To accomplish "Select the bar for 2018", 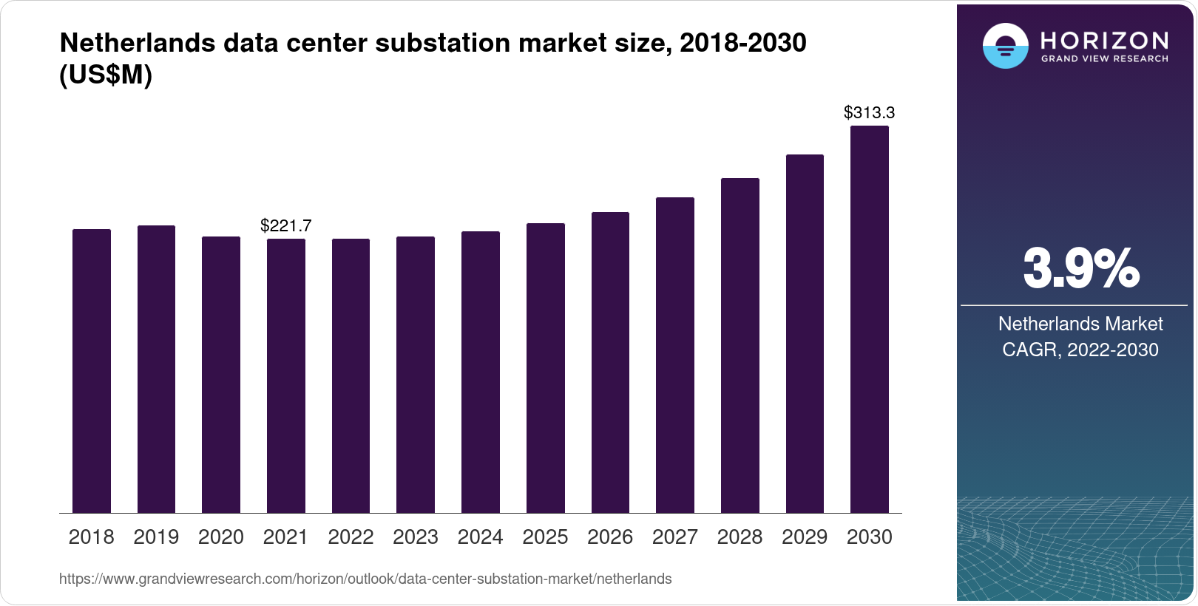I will pyautogui.click(x=91, y=371).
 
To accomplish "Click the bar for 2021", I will pyautogui.click(x=285, y=375).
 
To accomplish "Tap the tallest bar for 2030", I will pyautogui.click(x=869, y=319).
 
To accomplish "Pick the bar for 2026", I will pyautogui.click(x=610, y=362).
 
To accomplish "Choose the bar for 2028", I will pyautogui.click(x=740, y=345).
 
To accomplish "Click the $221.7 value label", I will pyautogui.click(x=285, y=225).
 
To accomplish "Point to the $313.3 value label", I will pyautogui.click(x=869, y=112).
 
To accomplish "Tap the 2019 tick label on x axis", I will pyautogui.click(x=156, y=537).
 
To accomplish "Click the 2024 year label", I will pyautogui.click(x=480, y=537).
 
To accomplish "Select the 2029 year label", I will pyautogui.click(x=805, y=537).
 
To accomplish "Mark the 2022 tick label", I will pyautogui.click(x=351, y=537).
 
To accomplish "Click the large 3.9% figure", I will pyautogui.click(x=1080, y=268).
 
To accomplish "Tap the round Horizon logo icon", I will pyautogui.click(x=1005, y=46).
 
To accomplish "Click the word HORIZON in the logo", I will pyautogui.click(x=1104, y=40).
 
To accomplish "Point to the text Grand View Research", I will pyautogui.click(x=1104, y=58).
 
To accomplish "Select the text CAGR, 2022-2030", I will pyautogui.click(x=1080, y=350).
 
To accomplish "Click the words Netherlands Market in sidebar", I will pyautogui.click(x=1080, y=324).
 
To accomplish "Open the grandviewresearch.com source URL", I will pyautogui.click(x=365, y=579).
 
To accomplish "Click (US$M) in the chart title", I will pyautogui.click(x=105, y=75).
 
